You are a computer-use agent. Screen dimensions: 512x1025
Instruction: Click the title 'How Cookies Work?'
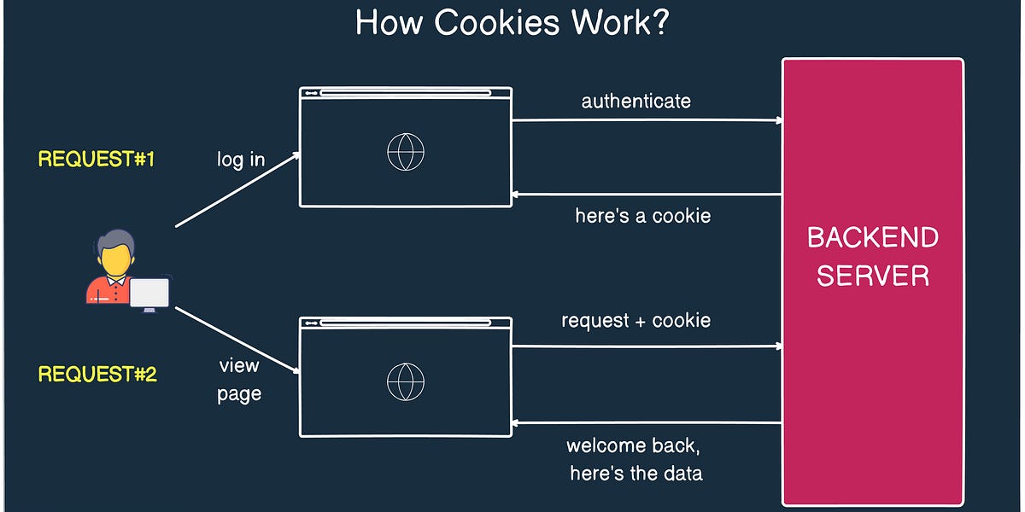(512, 23)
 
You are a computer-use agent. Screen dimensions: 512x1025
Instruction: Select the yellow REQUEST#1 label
(97, 159)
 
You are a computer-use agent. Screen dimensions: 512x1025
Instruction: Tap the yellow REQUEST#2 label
(97, 374)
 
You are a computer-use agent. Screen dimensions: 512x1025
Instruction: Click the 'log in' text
(241, 160)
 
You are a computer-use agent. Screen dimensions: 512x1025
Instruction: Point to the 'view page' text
(239, 380)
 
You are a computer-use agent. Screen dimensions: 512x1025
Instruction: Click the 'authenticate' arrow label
(635, 101)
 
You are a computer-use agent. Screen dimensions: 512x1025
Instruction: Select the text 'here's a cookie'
(642, 216)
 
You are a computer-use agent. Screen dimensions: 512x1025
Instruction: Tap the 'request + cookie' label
(635, 321)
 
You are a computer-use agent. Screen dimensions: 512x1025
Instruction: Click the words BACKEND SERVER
(872, 256)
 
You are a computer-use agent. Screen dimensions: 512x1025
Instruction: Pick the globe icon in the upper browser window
(405, 154)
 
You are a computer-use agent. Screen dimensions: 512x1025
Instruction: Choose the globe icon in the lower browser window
(405, 381)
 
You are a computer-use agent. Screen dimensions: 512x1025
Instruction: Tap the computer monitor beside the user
(149, 293)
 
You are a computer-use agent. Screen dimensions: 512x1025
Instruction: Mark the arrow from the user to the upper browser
(237, 189)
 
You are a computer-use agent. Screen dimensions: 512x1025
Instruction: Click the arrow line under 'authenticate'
(647, 120)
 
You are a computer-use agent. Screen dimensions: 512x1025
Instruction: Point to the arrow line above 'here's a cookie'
(647, 195)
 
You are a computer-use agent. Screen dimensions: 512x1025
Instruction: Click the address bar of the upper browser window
(406, 93)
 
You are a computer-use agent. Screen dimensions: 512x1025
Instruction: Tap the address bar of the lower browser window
(406, 323)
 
